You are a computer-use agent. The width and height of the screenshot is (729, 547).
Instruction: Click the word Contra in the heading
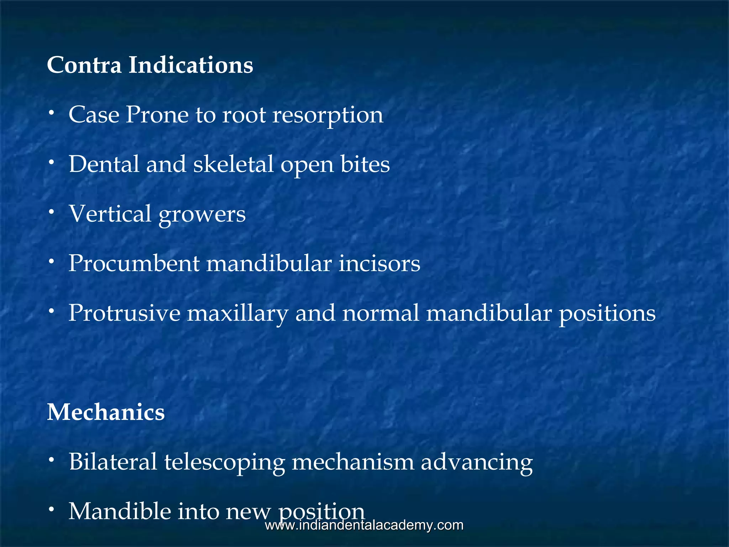pos(84,65)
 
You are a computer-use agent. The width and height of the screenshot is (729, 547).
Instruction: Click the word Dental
pos(104,164)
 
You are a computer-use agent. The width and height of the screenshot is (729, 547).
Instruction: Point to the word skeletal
pos(233,164)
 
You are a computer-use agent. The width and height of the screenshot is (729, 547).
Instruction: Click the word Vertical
pos(110,214)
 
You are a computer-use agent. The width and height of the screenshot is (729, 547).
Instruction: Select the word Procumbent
pos(134,263)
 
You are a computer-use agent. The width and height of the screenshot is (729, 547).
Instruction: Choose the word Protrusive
pos(124,313)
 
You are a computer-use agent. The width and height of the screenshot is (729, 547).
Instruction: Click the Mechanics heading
pos(106,412)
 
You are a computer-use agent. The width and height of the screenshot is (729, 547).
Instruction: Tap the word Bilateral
pos(113,462)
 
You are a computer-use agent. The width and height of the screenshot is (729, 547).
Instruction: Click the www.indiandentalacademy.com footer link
pos(364,525)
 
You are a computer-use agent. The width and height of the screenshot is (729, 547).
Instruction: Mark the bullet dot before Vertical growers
pos(52,212)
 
